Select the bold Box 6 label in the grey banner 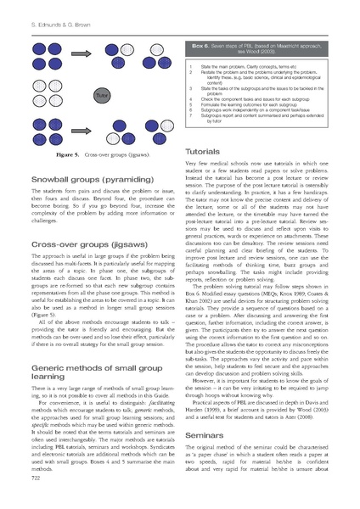[x=205, y=40]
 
